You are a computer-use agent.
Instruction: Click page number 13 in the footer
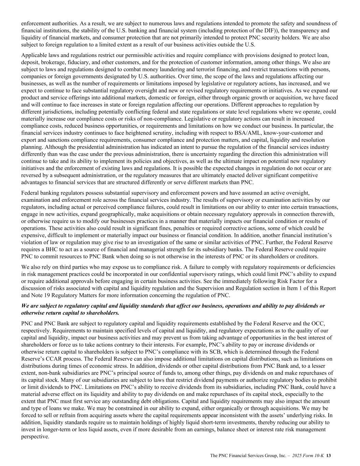coord(329,455)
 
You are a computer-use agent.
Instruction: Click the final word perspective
coord(35,436)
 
